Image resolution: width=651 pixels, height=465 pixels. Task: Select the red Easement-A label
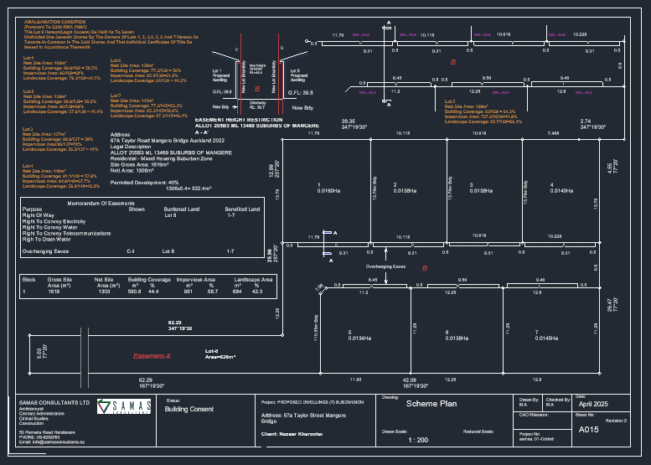pyautogui.click(x=152, y=356)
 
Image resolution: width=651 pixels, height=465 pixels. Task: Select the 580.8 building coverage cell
pyautogui.click(x=134, y=292)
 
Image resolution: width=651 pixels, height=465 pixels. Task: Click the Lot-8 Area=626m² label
pyautogui.click(x=221, y=354)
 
